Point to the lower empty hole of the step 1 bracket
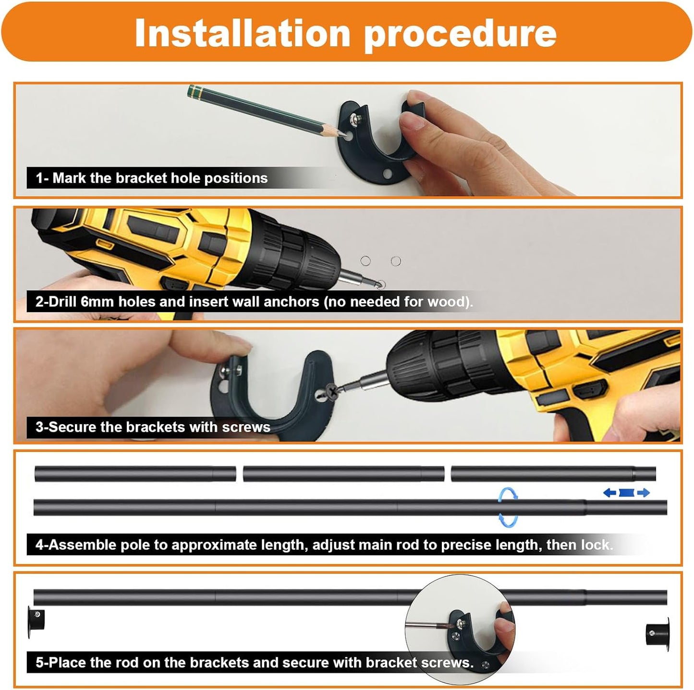point(387,174)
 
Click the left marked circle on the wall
point(365,261)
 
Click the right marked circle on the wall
point(396,261)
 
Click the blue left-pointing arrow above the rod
point(610,492)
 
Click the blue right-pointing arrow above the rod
point(644,492)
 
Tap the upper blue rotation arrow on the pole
point(508,494)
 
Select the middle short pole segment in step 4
point(343,474)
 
